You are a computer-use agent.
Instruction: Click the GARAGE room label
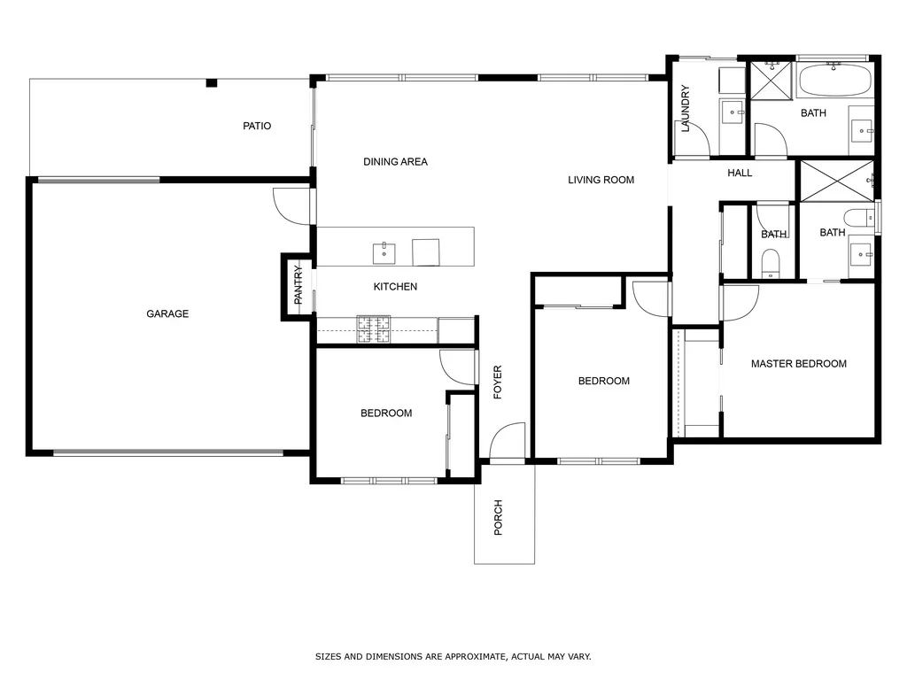(x=167, y=313)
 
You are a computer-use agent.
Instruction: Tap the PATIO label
(x=257, y=126)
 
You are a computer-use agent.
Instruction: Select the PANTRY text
(x=298, y=286)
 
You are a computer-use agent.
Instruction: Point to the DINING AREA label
(x=395, y=162)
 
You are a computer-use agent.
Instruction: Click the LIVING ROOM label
(x=601, y=180)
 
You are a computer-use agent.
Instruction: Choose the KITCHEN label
(x=395, y=287)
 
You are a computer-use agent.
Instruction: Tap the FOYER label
(x=498, y=382)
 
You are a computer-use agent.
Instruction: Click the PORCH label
(x=498, y=518)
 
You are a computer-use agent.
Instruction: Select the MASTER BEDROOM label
(x=798, y=364)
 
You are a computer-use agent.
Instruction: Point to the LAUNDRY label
(x=686, y=109)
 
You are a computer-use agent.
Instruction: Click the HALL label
(x=740, y=173)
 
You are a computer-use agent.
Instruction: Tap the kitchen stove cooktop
(x=375, y=329)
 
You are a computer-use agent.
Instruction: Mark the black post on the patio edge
(x=211, y=83)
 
